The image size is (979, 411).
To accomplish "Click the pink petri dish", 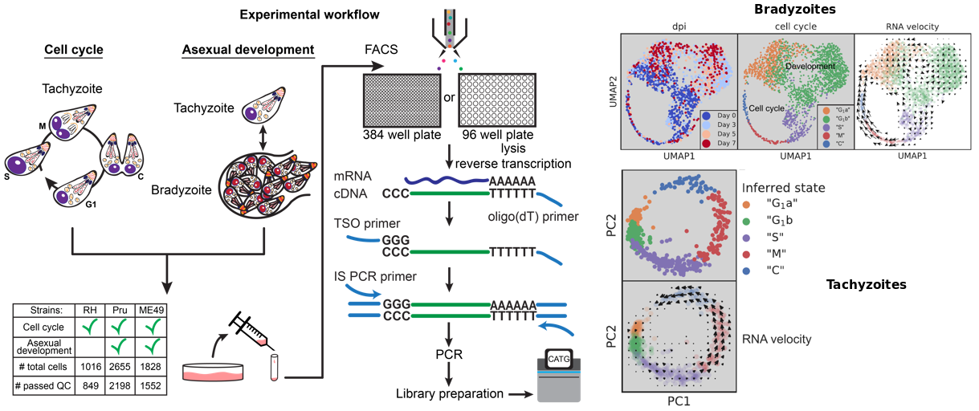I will (213, 371).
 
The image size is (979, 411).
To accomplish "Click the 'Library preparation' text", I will (448, 393).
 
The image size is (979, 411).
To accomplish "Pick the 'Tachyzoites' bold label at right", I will (866, 284).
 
